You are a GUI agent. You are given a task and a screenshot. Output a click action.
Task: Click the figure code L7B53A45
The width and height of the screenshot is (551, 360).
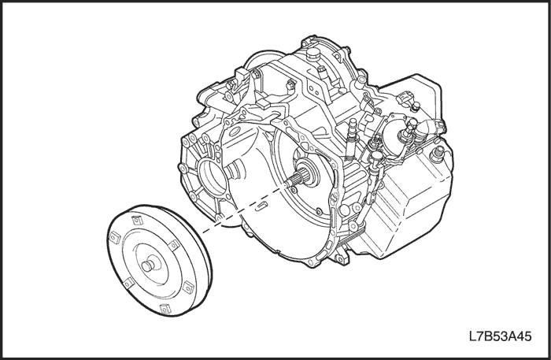(500, 336)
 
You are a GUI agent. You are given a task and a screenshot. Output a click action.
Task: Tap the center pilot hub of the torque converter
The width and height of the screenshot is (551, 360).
(150, 265)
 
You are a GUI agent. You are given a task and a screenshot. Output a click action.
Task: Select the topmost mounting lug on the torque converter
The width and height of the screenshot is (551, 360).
(136, 221)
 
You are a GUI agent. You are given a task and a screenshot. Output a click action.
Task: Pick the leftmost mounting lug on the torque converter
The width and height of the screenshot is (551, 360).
(115, 238)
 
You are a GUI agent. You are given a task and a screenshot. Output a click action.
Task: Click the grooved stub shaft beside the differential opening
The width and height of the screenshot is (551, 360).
(233, 170)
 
